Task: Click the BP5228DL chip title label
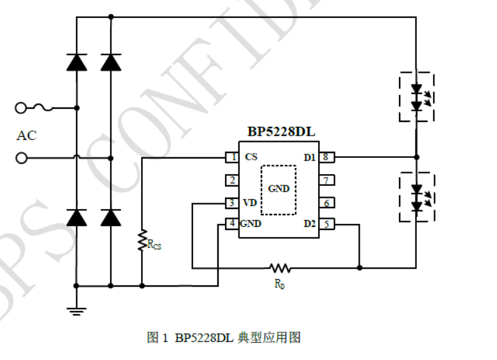(x=278, y=133)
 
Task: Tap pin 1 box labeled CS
(x=231, y=157)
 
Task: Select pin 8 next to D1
(x=329, y=157)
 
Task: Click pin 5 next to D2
(x=328, y=224)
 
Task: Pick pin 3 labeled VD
(x=231, y=203)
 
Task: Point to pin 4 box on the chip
(x=231, y=224)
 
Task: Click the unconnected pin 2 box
(x=231, y=180)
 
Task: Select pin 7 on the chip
(x=329, y=180)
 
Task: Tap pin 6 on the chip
(x=329, y=203)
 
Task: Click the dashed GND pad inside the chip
(x=278, y=190)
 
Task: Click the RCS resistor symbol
(x=142, y=240)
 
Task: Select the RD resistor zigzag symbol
(x=280, y=268)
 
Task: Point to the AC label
(x=26, y=136)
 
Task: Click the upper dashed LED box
(x=416, y=97)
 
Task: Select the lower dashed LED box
(x=416, y=196)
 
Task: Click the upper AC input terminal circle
(x=22, y=108)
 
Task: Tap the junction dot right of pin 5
(x=360, y=268)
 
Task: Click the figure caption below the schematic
(x=224, y=338)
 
